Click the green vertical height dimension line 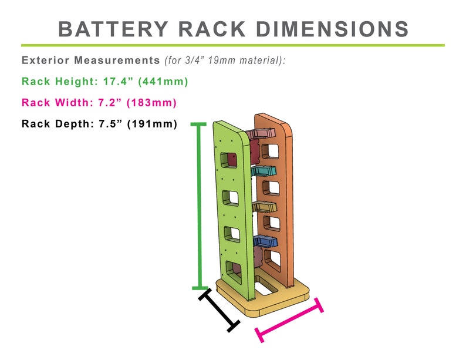(200, 206)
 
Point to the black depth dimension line (219, 309)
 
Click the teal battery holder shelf (265, 171)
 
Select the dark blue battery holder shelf (265, 241)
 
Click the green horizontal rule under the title (233, 45)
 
